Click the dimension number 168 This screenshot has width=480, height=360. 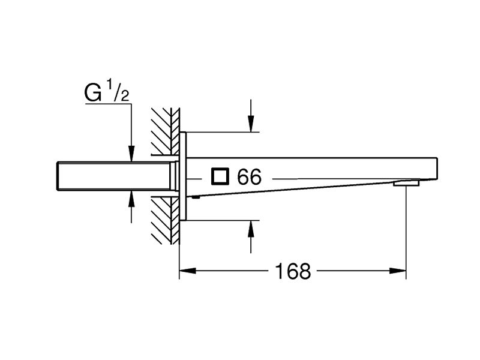[x=293, y=271]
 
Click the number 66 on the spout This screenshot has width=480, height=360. [x=250, y=176]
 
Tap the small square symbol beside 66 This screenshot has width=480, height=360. [x=220, y=176]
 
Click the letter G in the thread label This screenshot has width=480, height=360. [x=93, y=93]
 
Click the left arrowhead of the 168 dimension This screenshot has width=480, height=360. [x=187, y=271]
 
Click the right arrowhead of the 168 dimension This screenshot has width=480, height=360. [x=398, y=271]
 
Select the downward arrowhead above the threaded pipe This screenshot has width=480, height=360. [x=131, y=154]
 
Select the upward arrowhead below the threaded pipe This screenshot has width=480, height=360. [x=131, y=198]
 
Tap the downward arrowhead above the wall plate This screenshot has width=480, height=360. [x=251, y=124]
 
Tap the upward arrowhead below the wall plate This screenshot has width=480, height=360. [x=251, y=229]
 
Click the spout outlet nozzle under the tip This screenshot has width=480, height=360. [x=406, y=183]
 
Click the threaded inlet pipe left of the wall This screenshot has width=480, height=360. [x=113, y=176]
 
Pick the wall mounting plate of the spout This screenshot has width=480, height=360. [x=183, y=176]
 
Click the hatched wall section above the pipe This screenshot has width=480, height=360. [x=166, y=131]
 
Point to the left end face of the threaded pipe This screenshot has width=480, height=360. [x=57, y=176]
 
